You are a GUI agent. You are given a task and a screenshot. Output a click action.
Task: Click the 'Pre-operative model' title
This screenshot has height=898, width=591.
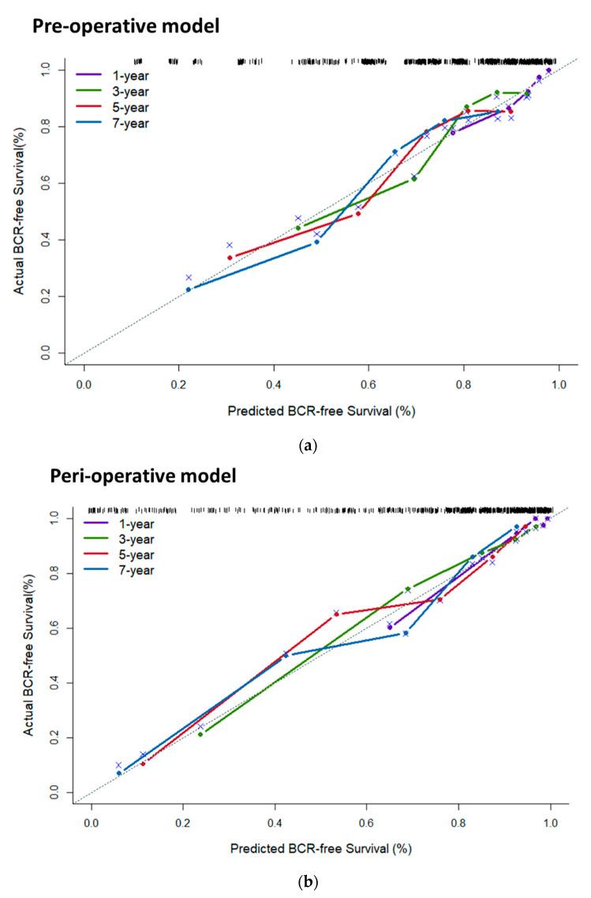[x=125, y=26]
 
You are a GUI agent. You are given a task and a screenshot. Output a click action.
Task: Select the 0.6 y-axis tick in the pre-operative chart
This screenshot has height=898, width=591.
[x=47, y=183]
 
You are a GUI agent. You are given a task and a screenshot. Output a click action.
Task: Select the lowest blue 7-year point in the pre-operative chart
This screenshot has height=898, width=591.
[x=189, y=289]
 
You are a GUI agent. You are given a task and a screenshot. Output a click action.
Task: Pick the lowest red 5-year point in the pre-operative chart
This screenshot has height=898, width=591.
[x=230, y=258]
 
